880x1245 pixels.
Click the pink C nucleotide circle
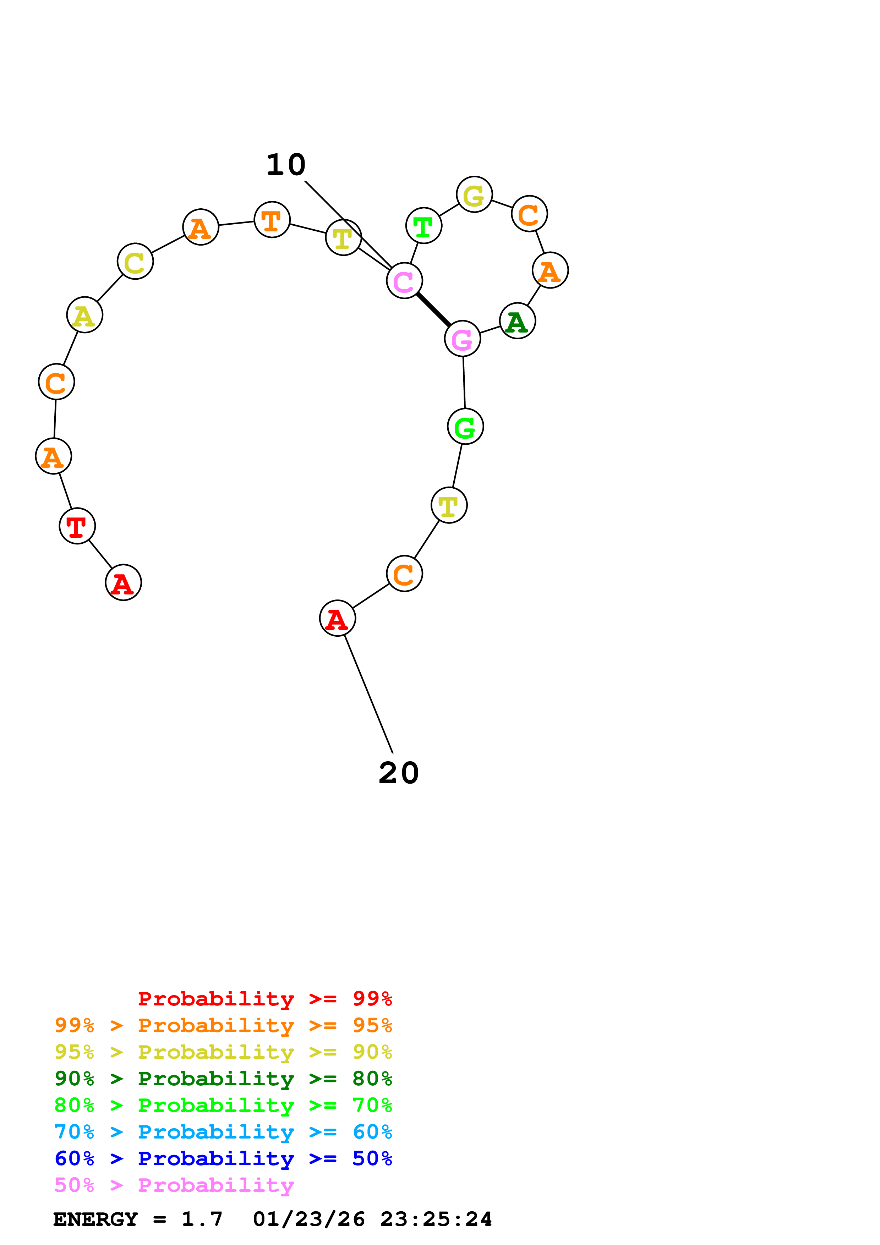[x=404, y=280]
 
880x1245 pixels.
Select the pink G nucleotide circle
[x=462, y=339]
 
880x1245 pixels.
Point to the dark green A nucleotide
[x=517, y=321]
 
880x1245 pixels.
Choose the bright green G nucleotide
[x=465, y=427]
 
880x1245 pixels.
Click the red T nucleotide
[x=77, y=526]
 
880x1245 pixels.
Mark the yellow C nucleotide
[x=135, y=261]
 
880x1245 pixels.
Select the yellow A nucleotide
[x=84, y=315]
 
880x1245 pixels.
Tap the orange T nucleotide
[x=272, y=220]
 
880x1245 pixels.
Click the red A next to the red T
[x=123, y=582]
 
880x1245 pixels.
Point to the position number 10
[x=286, y=164]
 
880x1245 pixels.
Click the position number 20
[x=399, y=773]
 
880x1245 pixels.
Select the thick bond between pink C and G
[x=433, y=309]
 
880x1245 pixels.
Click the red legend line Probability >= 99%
[x=264, y=999]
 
